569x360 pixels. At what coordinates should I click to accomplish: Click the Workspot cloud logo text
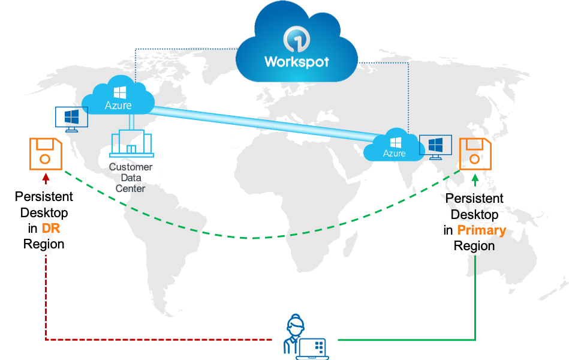pos(297,62)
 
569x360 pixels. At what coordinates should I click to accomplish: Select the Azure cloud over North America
pos(119,97)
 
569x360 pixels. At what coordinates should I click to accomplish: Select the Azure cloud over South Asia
pos(394,145)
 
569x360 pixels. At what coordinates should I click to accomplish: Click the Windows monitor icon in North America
pos(71,119)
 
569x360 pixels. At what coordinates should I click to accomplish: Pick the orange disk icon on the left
pos(46,154)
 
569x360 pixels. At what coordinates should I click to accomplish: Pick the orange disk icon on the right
pos(474,154)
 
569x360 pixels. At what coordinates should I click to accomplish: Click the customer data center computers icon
pos(131,145)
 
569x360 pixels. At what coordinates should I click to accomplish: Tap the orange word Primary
pos(481,230)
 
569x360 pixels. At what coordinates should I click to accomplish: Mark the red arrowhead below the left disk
pos(46,177)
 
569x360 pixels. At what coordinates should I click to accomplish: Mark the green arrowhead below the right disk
pos(475,177)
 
